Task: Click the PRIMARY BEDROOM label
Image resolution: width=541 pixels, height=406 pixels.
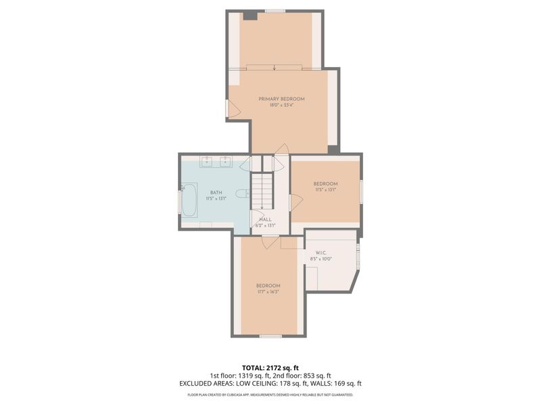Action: click(x=281, y=99)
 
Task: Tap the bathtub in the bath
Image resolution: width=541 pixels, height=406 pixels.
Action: click(x=189, y=200)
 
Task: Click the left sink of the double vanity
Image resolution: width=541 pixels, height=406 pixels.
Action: click(x=206, y=162)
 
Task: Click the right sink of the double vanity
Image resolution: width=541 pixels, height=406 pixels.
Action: click(x=225, y=162)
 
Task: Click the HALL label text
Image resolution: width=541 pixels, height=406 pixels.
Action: click(x=266, y=219)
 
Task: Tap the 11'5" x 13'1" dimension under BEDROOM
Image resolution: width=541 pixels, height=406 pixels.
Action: click(x=325, y=190)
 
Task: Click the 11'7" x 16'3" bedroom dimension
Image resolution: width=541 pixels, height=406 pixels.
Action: click(x=268, y=292)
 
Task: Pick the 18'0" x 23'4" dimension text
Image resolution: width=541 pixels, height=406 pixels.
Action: click(x=281, y=105)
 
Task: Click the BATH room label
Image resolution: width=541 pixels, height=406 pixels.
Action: click(x=216, y=193)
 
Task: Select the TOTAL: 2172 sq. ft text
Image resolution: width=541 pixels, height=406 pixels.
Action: click(x=270, y=367)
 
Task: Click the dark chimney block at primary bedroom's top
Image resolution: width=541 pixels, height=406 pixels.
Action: click(x=250, y=15)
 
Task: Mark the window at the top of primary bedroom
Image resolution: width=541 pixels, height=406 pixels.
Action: click(x=274, y=11)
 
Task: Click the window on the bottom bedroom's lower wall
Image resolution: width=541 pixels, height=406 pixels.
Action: click(x=270, y=336)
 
